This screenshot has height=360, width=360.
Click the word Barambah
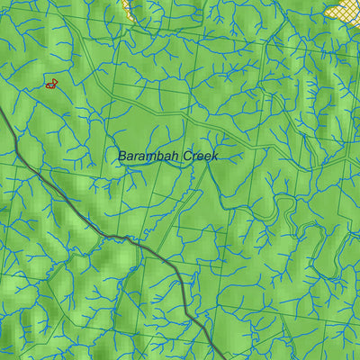[148, 156]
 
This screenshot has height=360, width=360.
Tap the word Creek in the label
[201, 156]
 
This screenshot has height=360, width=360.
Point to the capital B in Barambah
[122, 156]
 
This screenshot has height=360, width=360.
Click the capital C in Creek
[187, 156]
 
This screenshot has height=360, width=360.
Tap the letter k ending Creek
[214, 156]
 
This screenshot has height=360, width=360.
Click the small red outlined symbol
[51, 84]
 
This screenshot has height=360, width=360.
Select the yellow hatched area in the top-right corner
[345, 10]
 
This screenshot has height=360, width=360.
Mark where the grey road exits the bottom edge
[222, 357]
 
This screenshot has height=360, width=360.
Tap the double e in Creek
[202, 157]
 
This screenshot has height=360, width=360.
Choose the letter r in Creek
[194, 157]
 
